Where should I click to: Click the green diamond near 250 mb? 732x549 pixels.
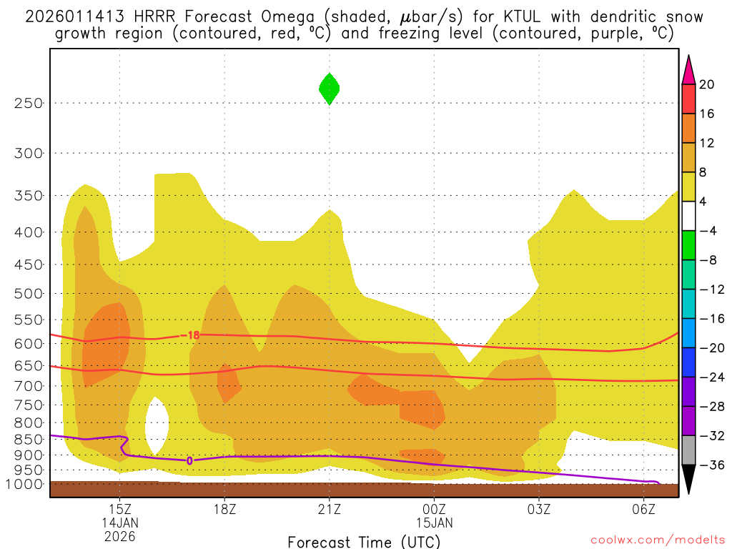click(x=329, y=89)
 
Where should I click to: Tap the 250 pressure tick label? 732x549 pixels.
click(x=29, y=103)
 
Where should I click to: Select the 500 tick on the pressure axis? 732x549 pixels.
click(x=29, y=293)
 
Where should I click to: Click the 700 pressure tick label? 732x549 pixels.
click(x=29, y=386)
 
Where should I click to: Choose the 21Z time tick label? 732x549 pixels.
click(x=329, y=509)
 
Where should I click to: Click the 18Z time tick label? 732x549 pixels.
click(x=224, y=509)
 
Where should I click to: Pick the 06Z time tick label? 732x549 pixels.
click(x=643, y=509)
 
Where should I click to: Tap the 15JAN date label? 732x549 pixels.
click(x=434, y=523)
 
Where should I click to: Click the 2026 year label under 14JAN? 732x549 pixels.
click(x=119, y=535)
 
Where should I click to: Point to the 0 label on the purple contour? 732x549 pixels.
click(x=189, y=460)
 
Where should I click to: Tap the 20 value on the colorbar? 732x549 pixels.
click(x=707, y=84)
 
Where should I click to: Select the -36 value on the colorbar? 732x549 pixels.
click(x=710, y=465)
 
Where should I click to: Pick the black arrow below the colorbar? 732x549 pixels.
click(x=688, y=481)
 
